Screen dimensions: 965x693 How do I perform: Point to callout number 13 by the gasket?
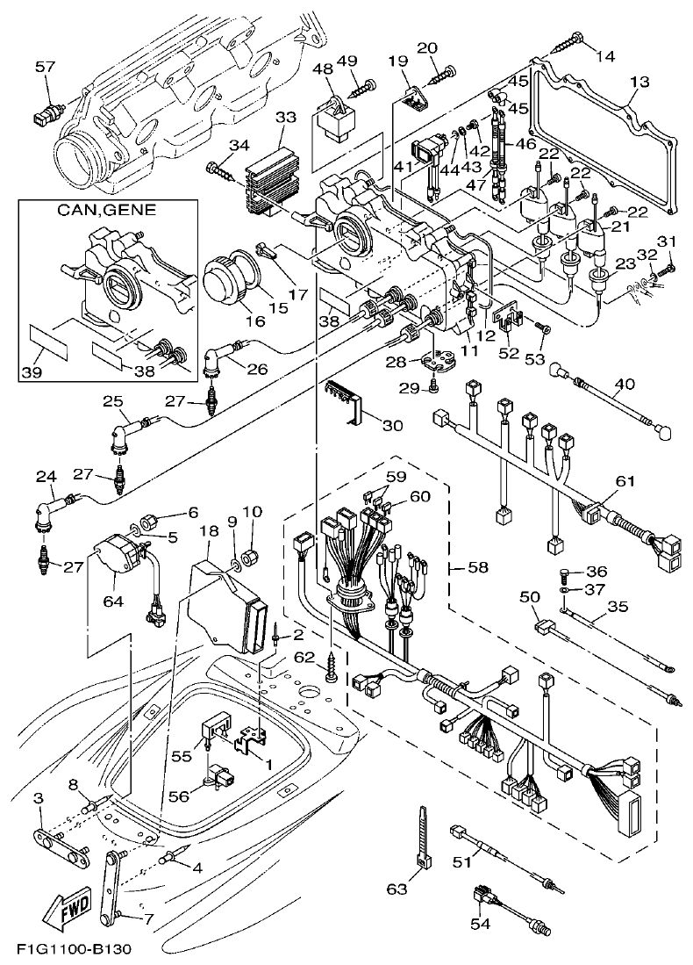(639, 83)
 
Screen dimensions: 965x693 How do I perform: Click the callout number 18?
(208, 531)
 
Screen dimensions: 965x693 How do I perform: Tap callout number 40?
(623, 383)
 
